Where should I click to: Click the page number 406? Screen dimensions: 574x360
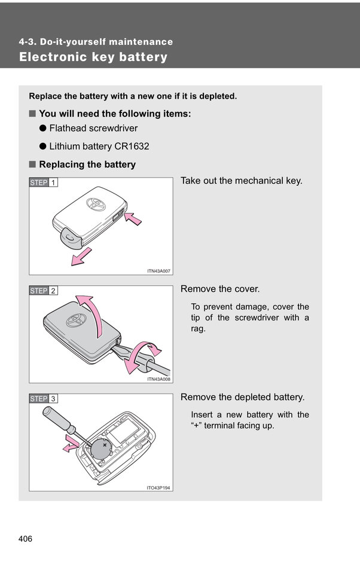click(x=25, y=539)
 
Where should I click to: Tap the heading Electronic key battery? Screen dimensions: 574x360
click(x=93, y=57)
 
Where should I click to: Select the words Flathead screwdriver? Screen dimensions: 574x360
click(x=93, y=128)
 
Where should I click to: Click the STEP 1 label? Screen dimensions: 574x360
click(x=44, y=182)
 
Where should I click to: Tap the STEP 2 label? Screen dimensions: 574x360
click(x=44, y=291)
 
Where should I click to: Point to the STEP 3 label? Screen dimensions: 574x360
click(x=44, y=398)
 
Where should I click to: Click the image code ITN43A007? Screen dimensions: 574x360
click(x=158, y=271)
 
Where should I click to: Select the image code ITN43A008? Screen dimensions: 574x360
click(x=158, y=379)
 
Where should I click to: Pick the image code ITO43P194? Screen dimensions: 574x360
click(x=158, y=487)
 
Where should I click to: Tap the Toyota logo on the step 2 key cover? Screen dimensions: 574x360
click(x=76, y=320)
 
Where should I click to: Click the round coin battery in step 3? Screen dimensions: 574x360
click(x=100, y=450)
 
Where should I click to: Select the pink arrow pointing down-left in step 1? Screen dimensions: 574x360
click(x=80, y=257)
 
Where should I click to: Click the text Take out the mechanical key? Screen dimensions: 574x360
click(x=242, y=181)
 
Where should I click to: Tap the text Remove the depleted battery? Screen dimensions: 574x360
click(x=242, y=397)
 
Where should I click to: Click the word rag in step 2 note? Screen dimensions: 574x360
click(x=198, y=329)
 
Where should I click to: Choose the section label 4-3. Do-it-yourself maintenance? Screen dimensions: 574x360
click(x=96, y=42)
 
